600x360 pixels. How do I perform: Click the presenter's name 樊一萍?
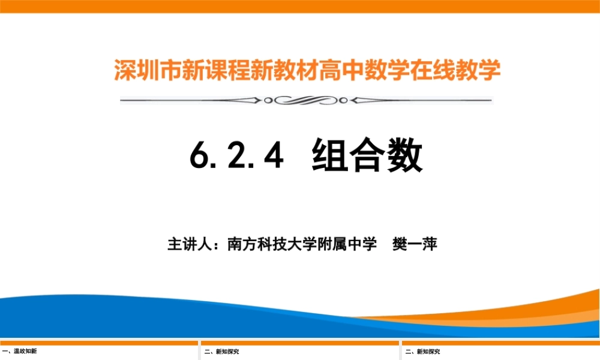(x=415, y=245)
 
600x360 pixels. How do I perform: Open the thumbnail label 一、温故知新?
(x=20, y=352)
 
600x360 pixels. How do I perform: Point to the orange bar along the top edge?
(x=300, y=6)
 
